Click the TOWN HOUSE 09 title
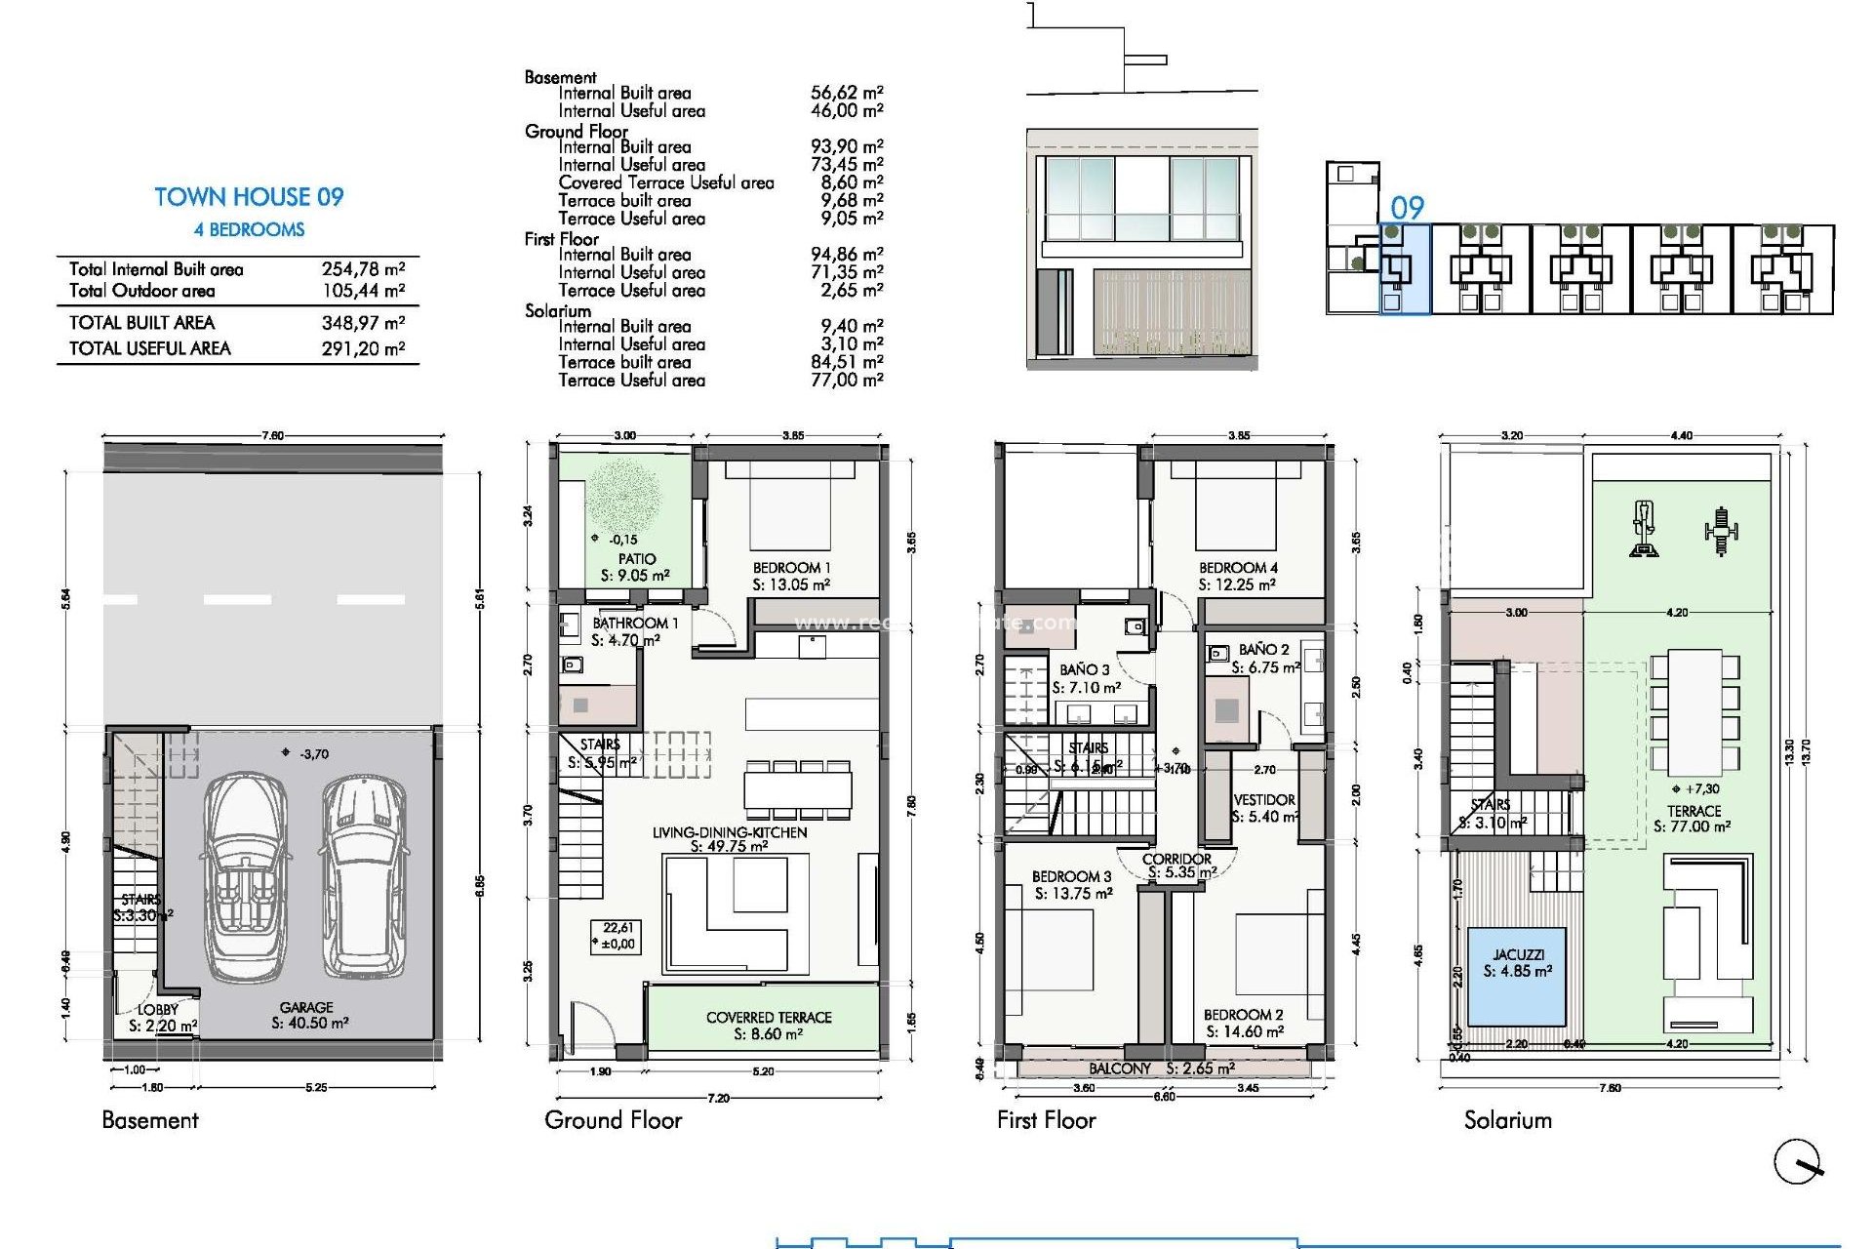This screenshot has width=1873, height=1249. coord(249,197)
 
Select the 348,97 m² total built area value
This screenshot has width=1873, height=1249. coord(363,323)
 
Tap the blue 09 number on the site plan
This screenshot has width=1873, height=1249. coord(1407,208)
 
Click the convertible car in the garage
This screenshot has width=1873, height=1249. coord(246,875)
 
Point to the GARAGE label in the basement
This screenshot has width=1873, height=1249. coord(306,1007)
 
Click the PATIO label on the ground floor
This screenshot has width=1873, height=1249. coord(636,559)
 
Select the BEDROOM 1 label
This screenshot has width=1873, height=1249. coord(791,568)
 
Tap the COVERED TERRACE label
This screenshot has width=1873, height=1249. coord(769,1018)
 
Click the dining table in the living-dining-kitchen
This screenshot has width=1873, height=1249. coord(797,789)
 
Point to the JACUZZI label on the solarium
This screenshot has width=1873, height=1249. coord(1518,954)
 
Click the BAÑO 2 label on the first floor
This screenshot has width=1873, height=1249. coord(1263,650)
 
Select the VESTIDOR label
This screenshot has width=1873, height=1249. coord(1264,800)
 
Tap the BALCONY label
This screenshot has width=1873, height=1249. coord(1120,1068)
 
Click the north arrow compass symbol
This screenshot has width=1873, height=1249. coord(1797,1162)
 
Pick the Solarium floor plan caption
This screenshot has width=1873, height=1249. coord(1507,1120)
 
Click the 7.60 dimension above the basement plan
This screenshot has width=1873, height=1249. coord(272,435)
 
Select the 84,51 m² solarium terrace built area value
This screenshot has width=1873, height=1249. coord(846,362)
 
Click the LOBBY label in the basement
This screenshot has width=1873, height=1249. coord(158,1010)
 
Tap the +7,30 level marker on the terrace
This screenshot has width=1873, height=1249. coord(1695,789)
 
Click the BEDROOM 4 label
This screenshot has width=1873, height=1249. coord(1238,568)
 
